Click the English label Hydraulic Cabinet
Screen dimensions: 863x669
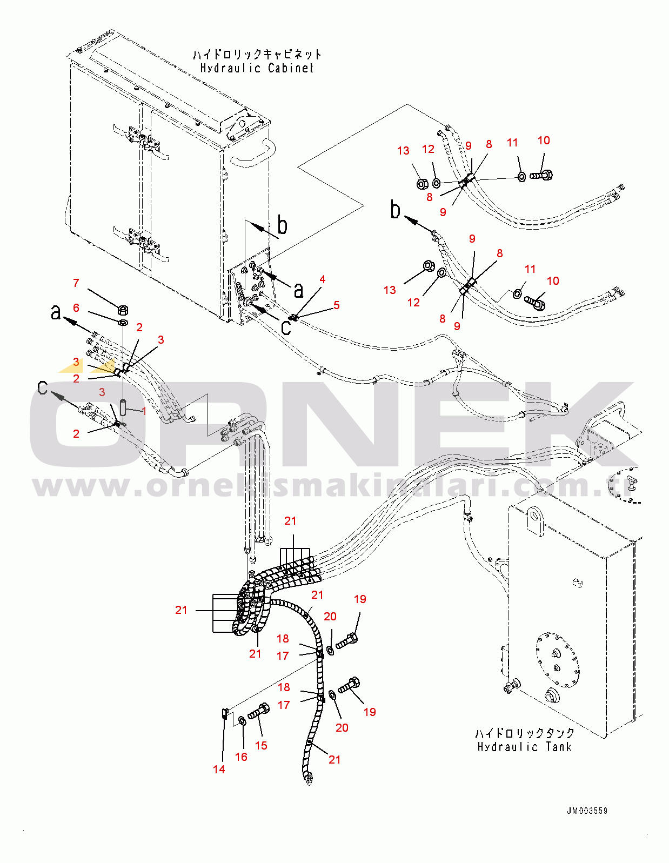[x=257, y=68]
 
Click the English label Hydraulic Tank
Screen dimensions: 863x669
[x=524, y=747]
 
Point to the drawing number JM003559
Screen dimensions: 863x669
[x=587, y=811]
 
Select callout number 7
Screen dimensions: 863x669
[x=76, y=283]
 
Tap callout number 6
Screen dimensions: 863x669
[x=76, y=307]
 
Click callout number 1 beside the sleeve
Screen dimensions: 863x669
[x=144, y=411]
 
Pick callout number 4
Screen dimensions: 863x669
[x=323, y=279]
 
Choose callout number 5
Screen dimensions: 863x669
[x=336, y=305]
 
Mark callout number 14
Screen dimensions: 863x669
[x=219, y=769]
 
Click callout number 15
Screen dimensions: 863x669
[x=261, y=745]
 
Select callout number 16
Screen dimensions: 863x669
[x=241, y=757]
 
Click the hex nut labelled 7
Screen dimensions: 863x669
[x=123, y=310]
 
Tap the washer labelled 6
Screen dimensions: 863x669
[x=123, y=323]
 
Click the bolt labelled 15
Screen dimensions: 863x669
[x=258, y=712]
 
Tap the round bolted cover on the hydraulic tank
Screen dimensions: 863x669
[x=558, y=659]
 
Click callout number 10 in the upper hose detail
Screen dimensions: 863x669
[x=544, y=141]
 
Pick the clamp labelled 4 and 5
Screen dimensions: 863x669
[x=293, y=318]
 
